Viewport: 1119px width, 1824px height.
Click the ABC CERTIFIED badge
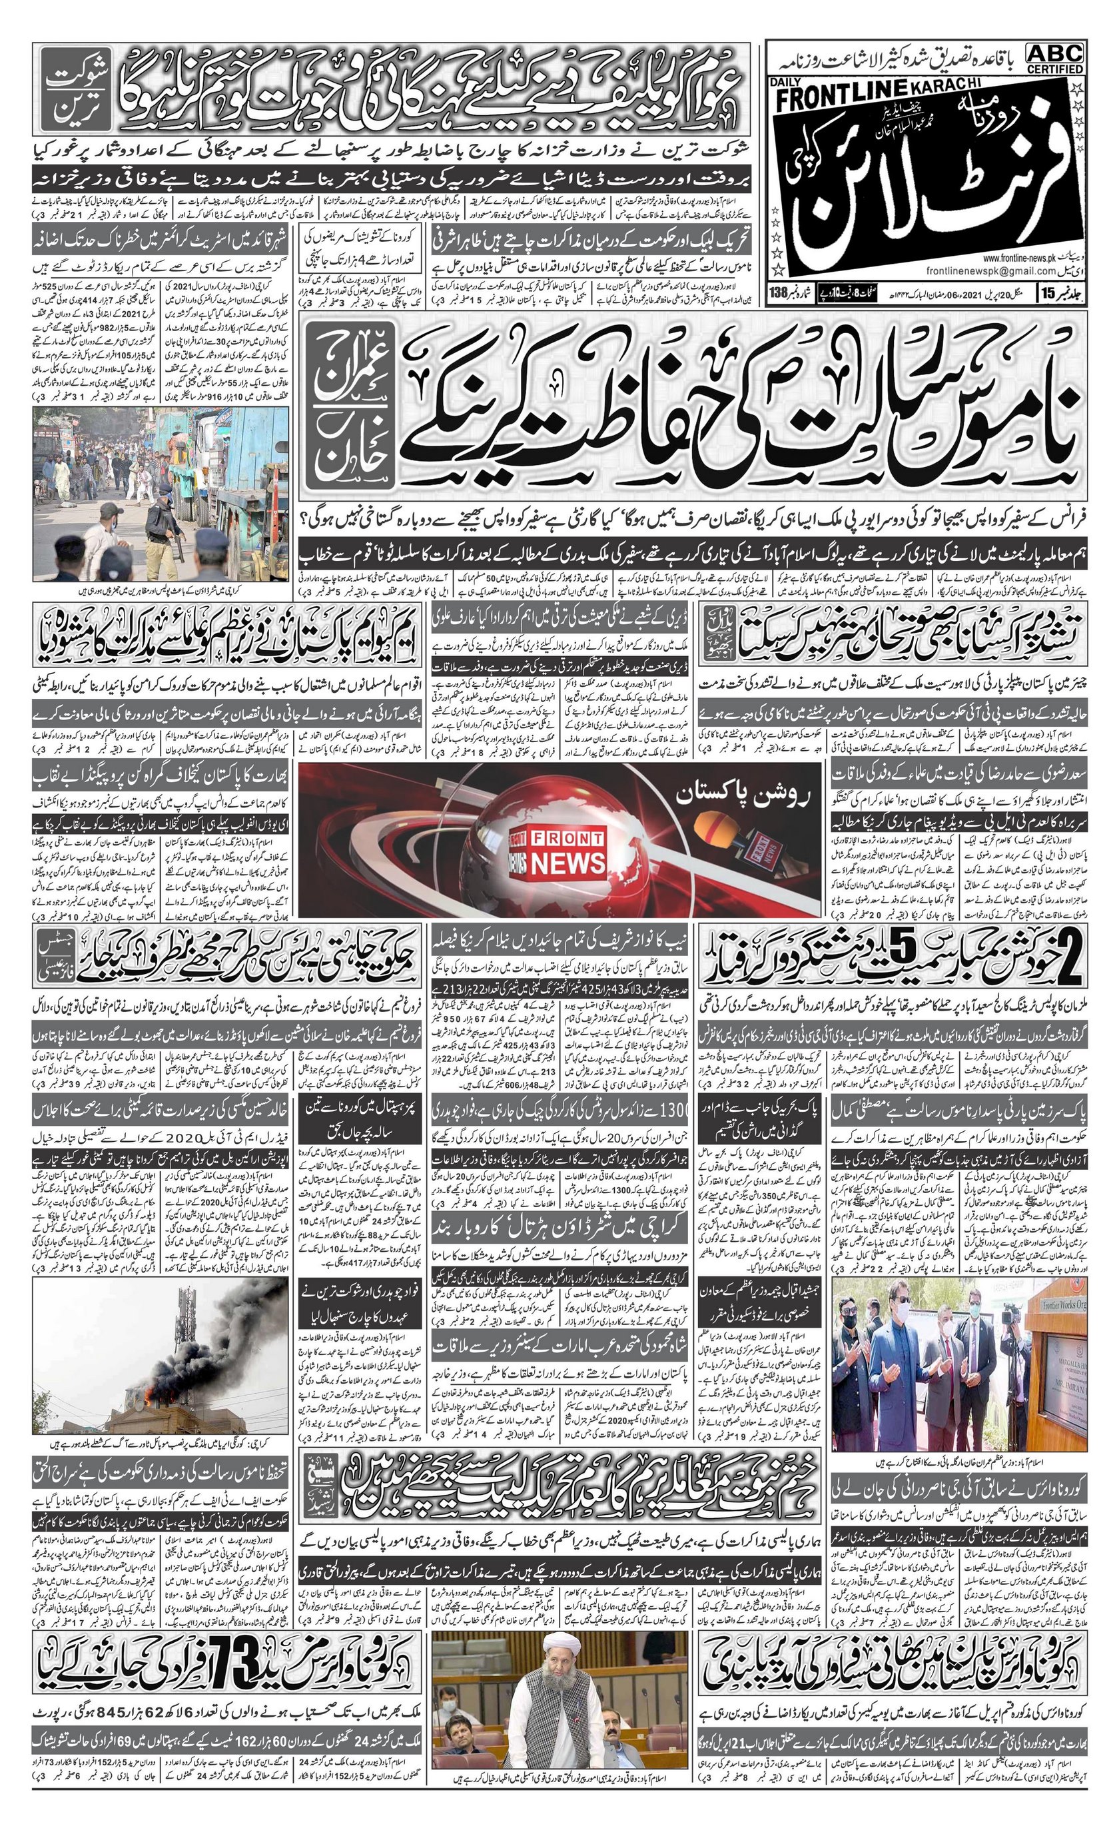click(x=1054, y=58)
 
